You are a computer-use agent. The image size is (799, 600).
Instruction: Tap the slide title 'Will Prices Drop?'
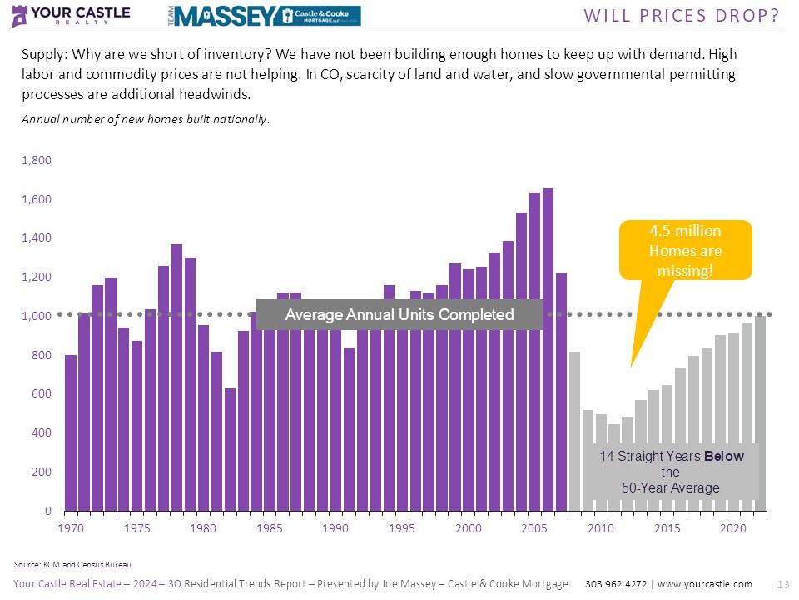[x=682, y=15]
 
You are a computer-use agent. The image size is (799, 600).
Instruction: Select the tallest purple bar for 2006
[x=548, y=350]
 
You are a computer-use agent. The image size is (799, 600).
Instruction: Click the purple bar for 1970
[x=71, y=433]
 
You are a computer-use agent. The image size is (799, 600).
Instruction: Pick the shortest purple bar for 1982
[x=230, y=450]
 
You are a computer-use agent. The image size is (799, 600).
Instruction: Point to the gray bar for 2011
[x=614, y=467]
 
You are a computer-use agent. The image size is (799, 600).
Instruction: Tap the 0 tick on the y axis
[x=47, y=511]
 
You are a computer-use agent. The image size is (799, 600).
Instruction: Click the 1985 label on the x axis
[x=268, y=528]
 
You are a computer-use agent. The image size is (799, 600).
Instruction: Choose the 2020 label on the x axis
[x=732, y=528]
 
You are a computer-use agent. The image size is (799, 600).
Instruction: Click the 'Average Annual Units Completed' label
[x=399, y=315]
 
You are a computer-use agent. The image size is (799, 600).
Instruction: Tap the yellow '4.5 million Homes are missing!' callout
[x=685, y=250]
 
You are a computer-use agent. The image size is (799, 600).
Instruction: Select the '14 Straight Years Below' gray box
[x=671, y=472]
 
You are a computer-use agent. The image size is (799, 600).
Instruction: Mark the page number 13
[x=782, y=584]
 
